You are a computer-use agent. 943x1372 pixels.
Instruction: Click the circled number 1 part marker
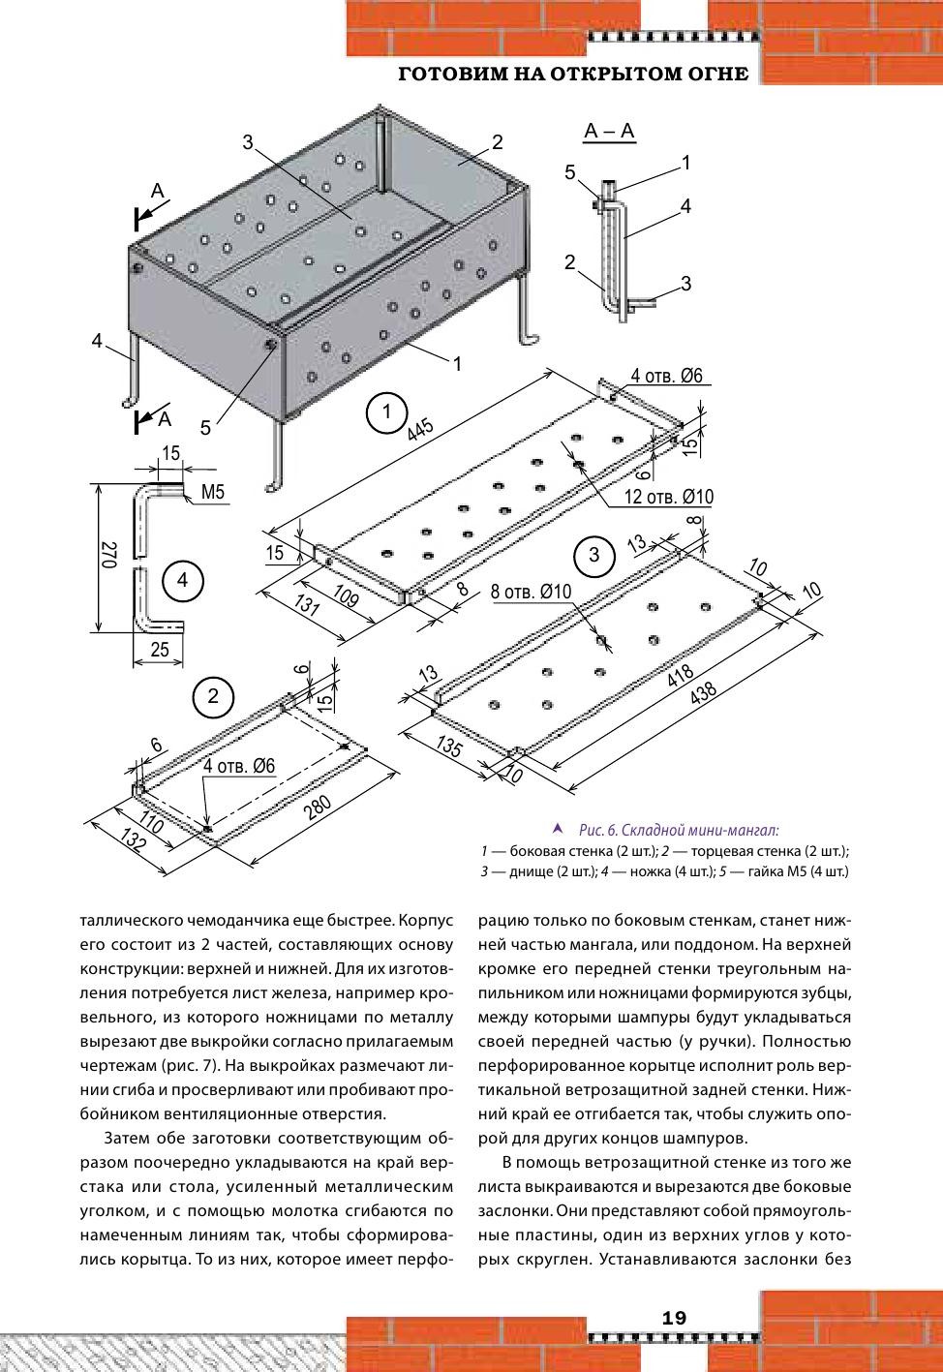tap(387, 412)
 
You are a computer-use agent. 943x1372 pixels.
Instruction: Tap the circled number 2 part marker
tap(213, 696)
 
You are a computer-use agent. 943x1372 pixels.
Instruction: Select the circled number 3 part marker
tap(593, 555)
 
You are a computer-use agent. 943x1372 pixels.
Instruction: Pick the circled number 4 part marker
tap(182, 581)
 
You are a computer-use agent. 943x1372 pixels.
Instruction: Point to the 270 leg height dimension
tap(108, 556)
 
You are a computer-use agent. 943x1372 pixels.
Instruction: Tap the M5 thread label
tap(213, 493)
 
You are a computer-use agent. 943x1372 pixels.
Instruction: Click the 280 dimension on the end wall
tap(318, 807)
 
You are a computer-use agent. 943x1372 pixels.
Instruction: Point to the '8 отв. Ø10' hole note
tap(532, 592)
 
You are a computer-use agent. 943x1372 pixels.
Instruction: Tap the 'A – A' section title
tap(610, 132)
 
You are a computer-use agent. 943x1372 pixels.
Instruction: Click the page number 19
tap(674, 1318)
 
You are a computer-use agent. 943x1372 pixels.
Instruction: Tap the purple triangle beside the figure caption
tap(557, 829)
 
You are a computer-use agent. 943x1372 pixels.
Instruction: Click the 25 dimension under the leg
tap(160, 650)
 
